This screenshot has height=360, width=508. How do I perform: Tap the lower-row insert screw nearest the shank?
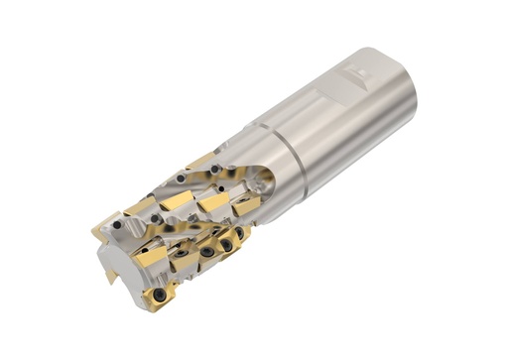tap(239, 232)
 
